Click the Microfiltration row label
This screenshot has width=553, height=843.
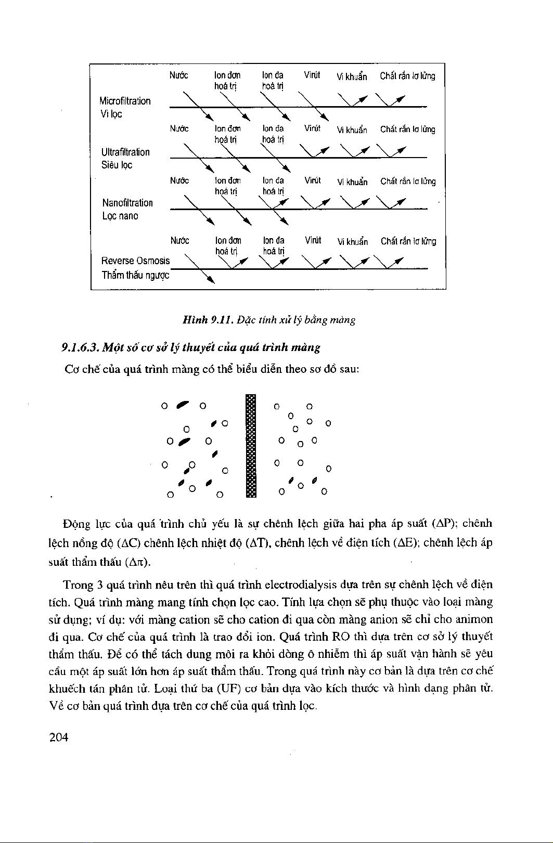(x=125, y=101)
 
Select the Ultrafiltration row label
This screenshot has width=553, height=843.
(x=125, y=152)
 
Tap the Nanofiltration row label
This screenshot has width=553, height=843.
(x=127, y=203)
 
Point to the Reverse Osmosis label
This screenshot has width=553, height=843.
(x=136, y=260)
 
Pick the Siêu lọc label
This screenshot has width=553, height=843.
(x=117, y=165)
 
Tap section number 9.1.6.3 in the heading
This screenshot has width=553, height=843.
(x=79, y=347)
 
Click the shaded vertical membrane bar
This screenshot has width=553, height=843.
(x=251, y=446)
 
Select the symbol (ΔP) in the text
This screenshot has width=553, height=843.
(x=444, y=522)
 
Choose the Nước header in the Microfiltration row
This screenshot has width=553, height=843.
(x=179, y=75)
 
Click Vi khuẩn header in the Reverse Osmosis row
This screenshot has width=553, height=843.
(x=352, y=242)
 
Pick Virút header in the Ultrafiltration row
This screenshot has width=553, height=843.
(x=312, y=128)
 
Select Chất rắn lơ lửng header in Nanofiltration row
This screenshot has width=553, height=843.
(x=408, y=181)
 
